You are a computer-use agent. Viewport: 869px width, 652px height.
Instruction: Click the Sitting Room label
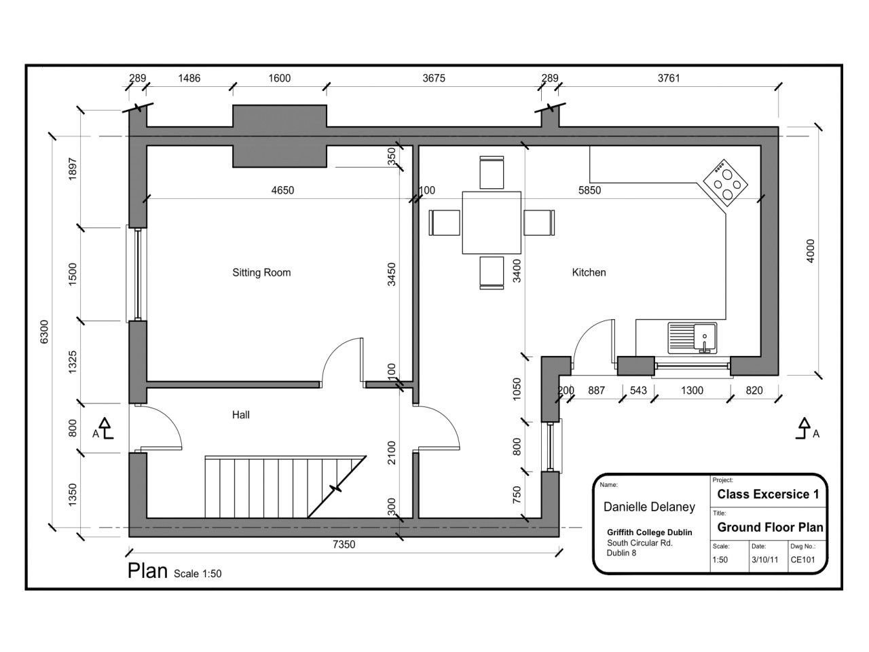(261, 272)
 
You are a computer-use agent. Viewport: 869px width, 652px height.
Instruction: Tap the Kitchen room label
(589, 272)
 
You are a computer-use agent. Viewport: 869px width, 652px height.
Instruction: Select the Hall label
(240, 415)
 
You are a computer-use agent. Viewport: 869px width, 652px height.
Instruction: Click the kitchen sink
(692, 338)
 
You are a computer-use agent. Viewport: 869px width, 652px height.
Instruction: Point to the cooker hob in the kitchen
(725, 181)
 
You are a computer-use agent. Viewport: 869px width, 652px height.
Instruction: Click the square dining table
(492, 223)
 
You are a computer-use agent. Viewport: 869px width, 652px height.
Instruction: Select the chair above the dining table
(492, 173)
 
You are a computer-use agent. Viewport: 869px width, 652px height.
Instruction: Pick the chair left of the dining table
(445, 223)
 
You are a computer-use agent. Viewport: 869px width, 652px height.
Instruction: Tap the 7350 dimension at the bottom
(344, 544)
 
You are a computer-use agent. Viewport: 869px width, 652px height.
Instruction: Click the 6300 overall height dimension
(45, 332)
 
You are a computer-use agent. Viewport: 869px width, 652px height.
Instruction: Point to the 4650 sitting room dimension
(282, 191)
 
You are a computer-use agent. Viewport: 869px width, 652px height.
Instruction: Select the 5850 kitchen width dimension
(589, 191)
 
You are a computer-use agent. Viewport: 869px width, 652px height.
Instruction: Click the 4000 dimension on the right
(810, 251)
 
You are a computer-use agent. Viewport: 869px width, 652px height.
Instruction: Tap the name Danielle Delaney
(649, 507)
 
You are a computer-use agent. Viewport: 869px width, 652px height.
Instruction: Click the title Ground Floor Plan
(770, 527)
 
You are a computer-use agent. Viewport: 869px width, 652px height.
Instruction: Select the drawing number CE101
(802, 560)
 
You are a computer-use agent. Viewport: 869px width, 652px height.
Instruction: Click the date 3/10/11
(764, 560)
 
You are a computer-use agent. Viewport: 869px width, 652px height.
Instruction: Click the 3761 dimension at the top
(668, 78)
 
